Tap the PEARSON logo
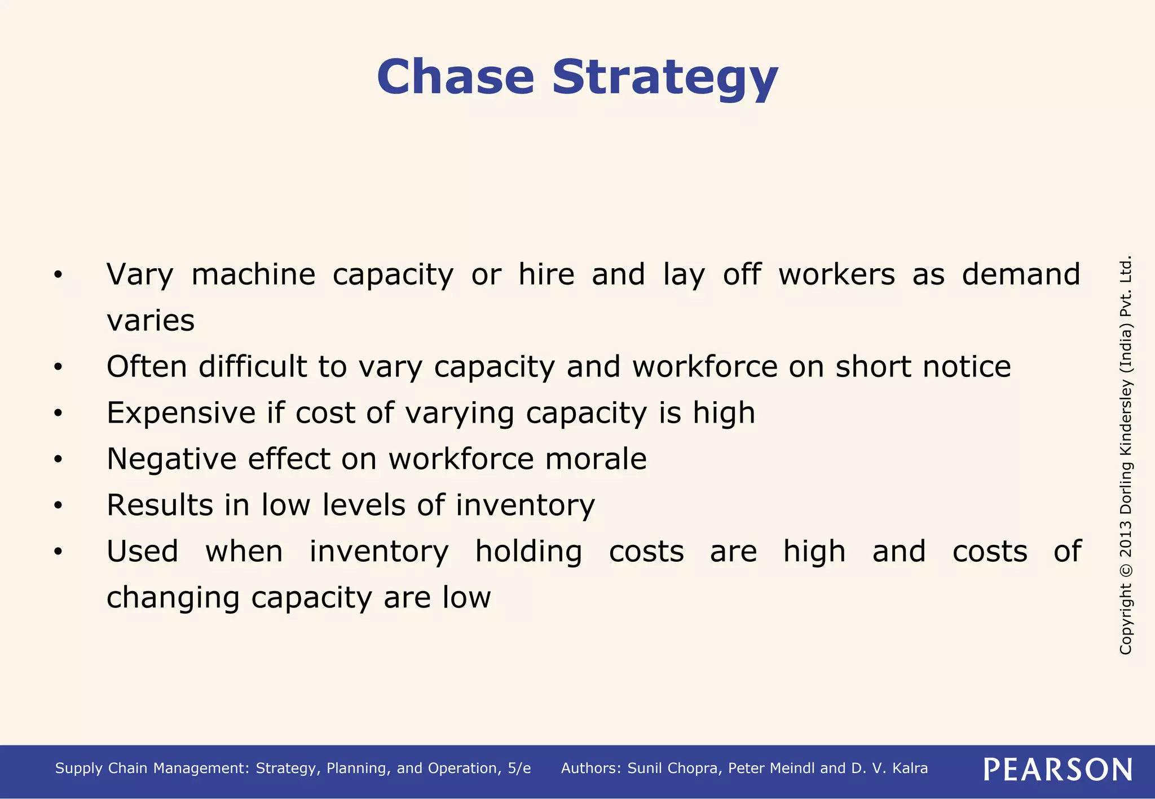[x=1058, y=769]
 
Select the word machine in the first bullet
[x=253, y=274]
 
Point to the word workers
[x=836, y=274]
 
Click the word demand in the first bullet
[x=1021, y=274]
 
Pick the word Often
[x=147, y=366]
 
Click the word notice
[x=967, y=366]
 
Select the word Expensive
[x=181, y=412]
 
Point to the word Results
[x=160, y=505]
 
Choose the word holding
[x=528, y=551]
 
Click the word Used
[x=142, y=551]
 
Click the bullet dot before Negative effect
[x=58, y=460]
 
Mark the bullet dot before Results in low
[x=58, y=506]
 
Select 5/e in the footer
[x=519, y=769]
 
